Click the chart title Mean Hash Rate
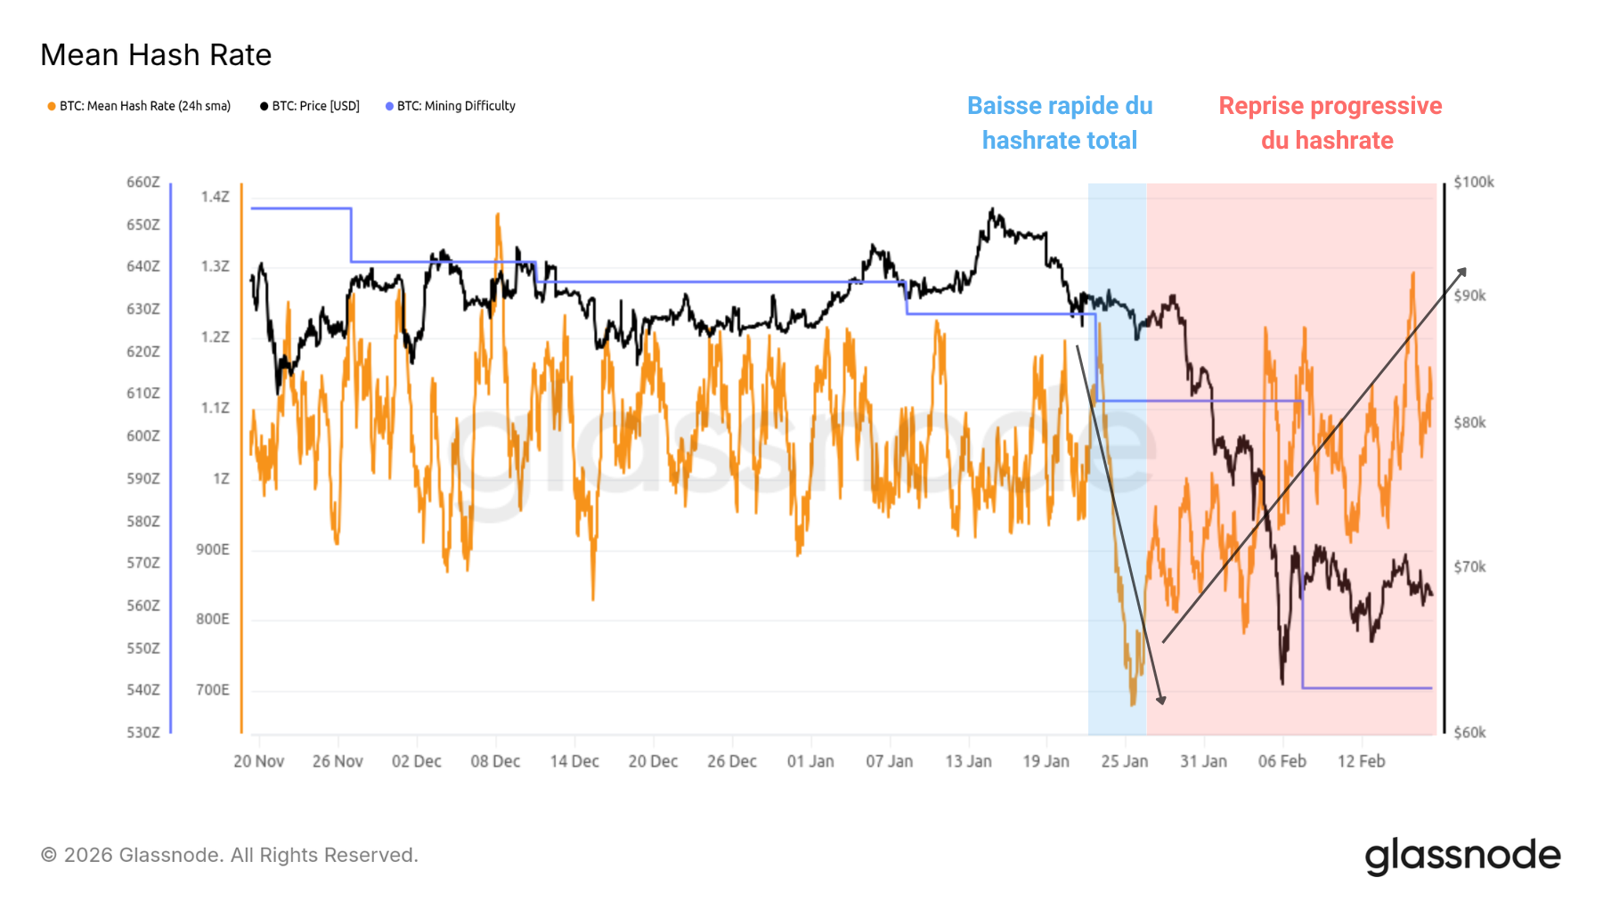coord(156,55)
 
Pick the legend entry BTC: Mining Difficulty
coord(455,106)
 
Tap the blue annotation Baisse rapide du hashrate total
coord(1060,123)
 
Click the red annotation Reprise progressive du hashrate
coord(1330,123)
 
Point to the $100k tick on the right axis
coord(1473,183)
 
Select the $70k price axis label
coord(1469,567)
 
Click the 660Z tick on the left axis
coord(143,183)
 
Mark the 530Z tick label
coord(143,733)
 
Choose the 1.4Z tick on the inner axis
coord(215,197)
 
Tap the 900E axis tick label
coord(213,549)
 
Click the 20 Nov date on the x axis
coord(258,761)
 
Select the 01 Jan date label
coord(810,761)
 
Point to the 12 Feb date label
coord(1361,761)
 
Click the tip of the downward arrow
coord(1162,703)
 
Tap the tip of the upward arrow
coord(1465,268)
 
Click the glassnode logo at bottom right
coord(1462,856)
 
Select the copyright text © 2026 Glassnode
coord(229,856)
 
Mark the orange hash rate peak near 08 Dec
coord(497,215)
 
